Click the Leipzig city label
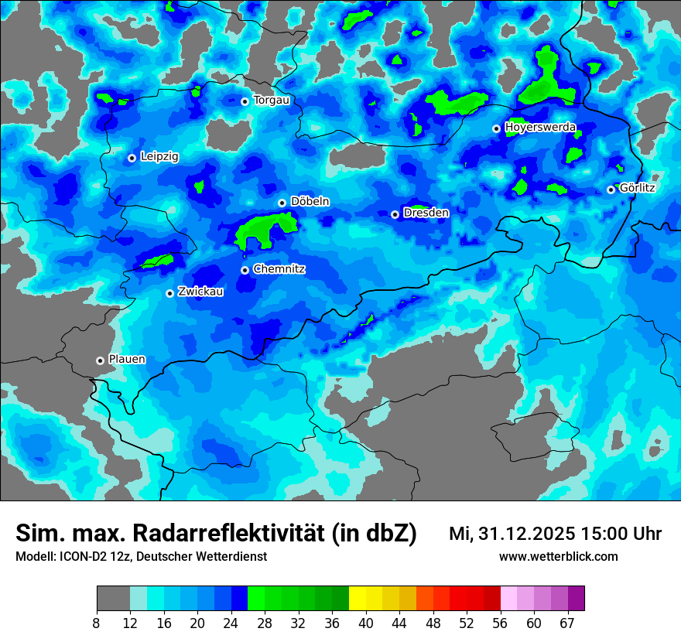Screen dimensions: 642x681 [159, 157]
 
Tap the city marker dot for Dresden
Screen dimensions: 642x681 [395, 214]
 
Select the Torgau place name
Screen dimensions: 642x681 [271, 101]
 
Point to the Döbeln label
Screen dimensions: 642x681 [310, 202]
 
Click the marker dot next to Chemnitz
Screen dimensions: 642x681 [245, 270]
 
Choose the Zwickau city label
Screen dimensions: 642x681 [200, 292]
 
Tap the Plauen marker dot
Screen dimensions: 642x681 [100, 360]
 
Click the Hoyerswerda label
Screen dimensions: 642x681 [540, 128]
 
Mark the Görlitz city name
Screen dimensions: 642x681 [637, 188]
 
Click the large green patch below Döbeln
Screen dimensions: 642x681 [263, 229]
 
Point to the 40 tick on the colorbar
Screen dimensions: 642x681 [366, 623]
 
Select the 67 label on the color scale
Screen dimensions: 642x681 [567, 623]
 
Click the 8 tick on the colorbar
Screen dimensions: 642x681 [97, 623]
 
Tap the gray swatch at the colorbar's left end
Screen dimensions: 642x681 [113, 599]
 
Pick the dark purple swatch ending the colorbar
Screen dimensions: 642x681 [576, 599]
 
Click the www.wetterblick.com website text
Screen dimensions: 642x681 [558, 557]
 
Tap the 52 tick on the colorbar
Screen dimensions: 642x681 [467, 623]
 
